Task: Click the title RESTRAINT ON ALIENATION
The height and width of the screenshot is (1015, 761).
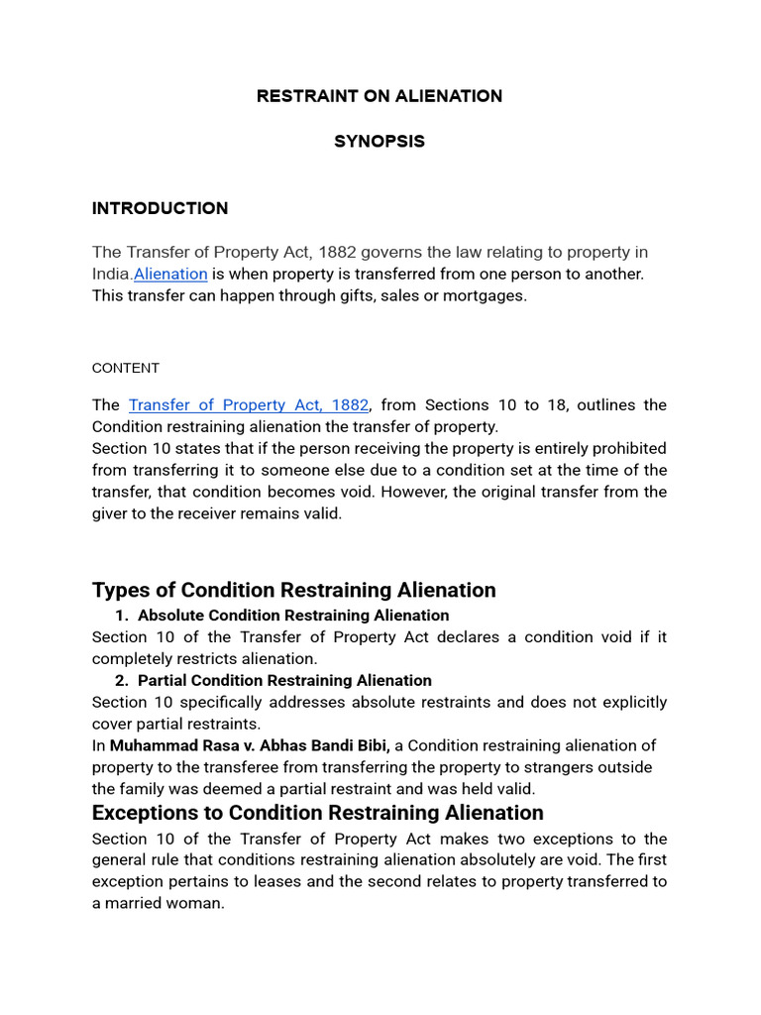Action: pos(380,96)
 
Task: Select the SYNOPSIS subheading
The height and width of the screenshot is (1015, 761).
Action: pos(380,142)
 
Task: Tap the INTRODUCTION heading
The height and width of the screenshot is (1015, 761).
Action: pos(160,208)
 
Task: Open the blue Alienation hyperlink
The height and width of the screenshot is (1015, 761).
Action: pos(170,275)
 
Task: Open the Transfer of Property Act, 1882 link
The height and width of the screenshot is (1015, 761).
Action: pos(249,405)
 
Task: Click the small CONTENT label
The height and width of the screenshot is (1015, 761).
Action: pos(125,368)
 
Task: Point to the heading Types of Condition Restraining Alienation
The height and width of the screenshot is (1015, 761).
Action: pos(293,590)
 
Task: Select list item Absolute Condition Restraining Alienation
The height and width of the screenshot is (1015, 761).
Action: pos(292,616)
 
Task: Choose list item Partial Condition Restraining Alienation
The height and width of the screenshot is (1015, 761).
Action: pos(284,681)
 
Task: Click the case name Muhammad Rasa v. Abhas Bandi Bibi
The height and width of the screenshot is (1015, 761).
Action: pos(250,745)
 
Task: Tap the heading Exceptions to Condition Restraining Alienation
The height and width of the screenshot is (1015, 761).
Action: pos(317,813)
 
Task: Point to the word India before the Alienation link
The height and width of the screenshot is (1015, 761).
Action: pos(111,275)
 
